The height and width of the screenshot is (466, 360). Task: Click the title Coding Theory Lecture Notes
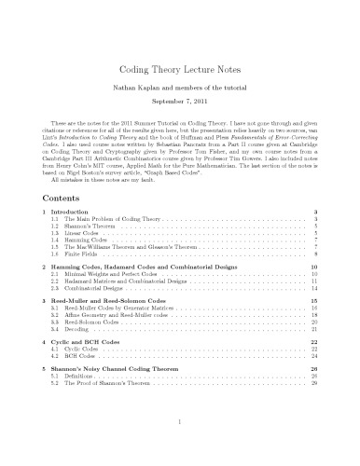pos(179,70)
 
